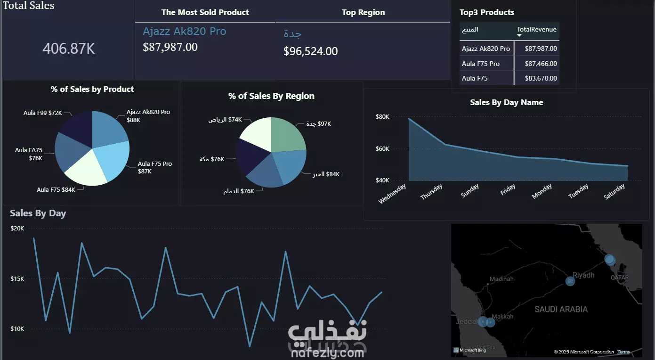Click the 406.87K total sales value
pos(69,48)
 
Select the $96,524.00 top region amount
pos(310,51)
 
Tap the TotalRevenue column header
pos(536,30)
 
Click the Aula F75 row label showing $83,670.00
pos(475,79)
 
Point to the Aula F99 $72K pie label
pos(43,113)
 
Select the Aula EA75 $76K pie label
pos(29,154)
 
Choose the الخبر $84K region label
pos(326,174)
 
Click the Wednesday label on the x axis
pos(393,193)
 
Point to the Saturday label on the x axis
pos(615,192)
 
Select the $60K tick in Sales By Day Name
pos(382,149)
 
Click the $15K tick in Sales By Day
pos(17,279)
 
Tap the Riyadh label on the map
pos(583,275)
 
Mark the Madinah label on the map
pos(501,279)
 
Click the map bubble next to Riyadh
pos(570,281)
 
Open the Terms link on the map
pos(623,352)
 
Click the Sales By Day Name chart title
pos(506,102)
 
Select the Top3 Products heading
pos(487,13)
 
